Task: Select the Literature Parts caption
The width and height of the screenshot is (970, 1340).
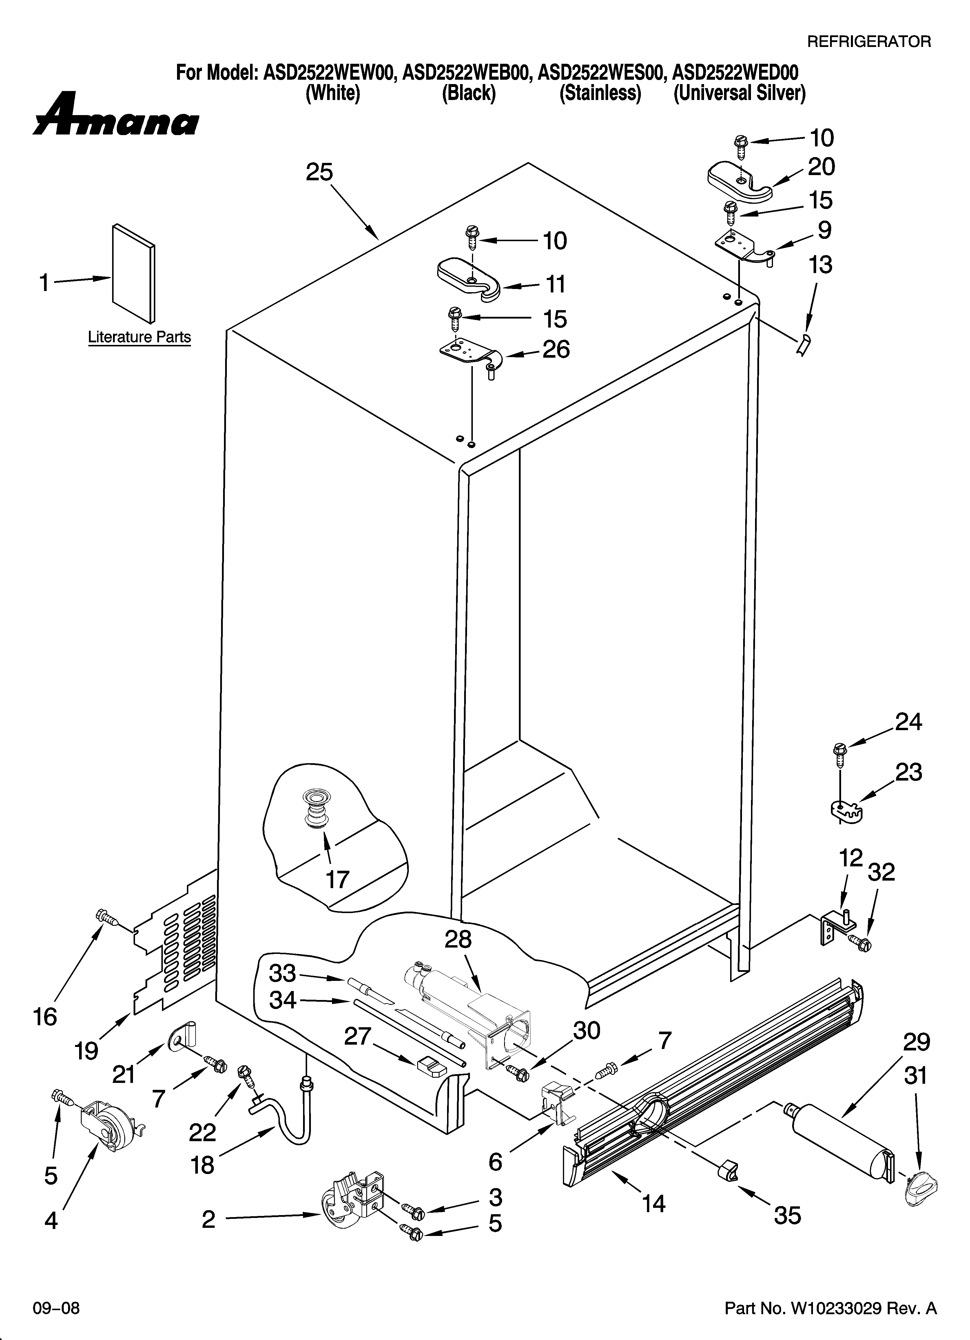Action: pyautogui.click(x=139, y=337)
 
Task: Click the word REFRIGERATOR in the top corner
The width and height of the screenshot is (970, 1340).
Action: pyautogui.click(x=868, y=41)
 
